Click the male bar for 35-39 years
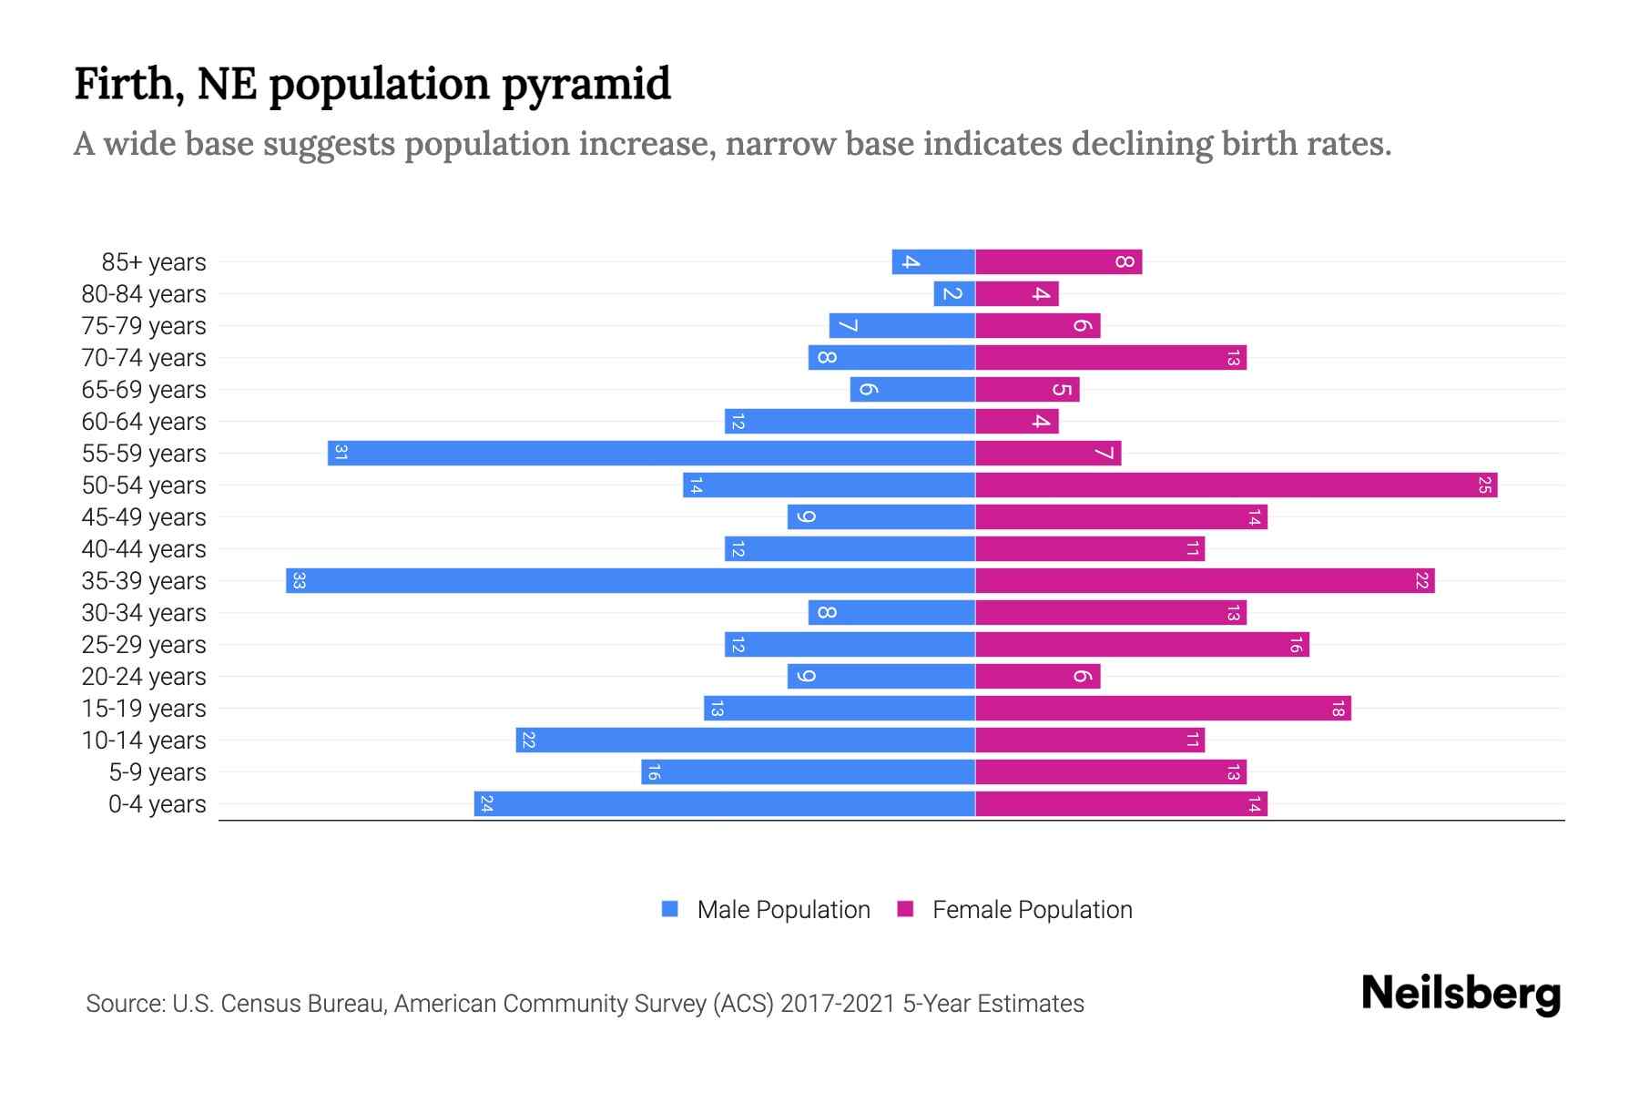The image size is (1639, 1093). coord(630,581)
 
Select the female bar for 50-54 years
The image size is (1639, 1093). coord(1236,485)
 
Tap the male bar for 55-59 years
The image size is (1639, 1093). coord(651,454)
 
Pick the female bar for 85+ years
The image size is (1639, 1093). coord(1058,262)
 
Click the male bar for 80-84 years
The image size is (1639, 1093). coord(954,294)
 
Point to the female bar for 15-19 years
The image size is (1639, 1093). coord(1163,709)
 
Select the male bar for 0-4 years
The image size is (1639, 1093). coord(724,804)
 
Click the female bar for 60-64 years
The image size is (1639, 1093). coord(1016,422)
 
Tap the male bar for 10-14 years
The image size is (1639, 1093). coord(745,741)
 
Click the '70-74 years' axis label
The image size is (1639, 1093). coord(144,358)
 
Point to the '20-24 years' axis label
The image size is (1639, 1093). coord(144,677)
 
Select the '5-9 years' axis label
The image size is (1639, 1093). coord(158,772)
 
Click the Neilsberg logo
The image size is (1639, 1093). coord(1461,994)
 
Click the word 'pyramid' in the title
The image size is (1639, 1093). coord(585,85)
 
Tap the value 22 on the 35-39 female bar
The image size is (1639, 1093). coord(1421,581)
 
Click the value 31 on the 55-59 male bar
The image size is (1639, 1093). coord(341,454)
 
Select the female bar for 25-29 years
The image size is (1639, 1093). coord(1142,645)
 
